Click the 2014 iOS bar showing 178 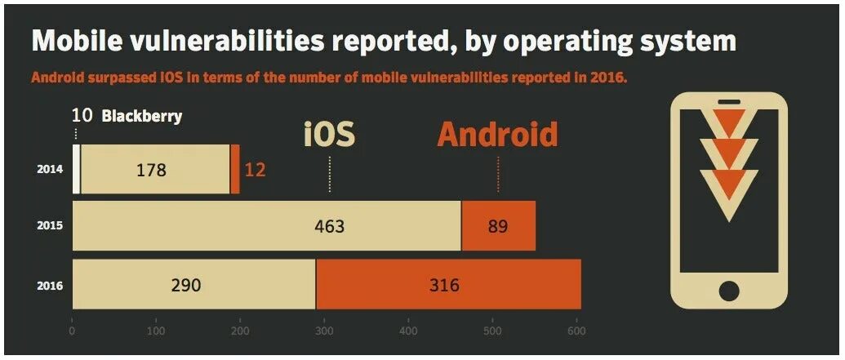click(155, 170)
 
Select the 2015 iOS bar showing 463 click(267, 225)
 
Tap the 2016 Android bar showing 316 click(448, 285)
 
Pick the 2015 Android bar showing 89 click(498, 225)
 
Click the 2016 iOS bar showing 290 click(193, 285)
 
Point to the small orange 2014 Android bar click(235, 170)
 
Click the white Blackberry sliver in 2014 click(77, 170)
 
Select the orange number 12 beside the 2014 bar click(256, 170)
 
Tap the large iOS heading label click(329, 134)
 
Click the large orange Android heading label click(497, 134)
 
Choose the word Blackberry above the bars click(141, 116)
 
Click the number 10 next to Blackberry click(82, 116)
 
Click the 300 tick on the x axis click(324, 331)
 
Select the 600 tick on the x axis click(576, 331)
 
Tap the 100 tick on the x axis click(156, 331)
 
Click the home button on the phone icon click(728, 290)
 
